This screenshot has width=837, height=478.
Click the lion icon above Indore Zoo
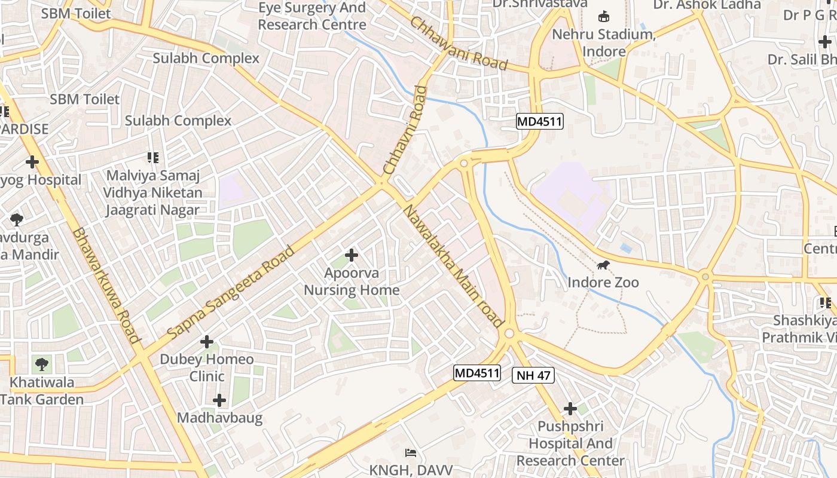[x=603, y=265]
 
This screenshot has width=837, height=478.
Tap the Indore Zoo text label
[x=603, y=282]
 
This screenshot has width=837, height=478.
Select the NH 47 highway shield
[x=533, y=375]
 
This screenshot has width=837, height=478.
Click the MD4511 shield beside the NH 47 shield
[x=476, y=373]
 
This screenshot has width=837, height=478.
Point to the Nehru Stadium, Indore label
[x=604, y=42]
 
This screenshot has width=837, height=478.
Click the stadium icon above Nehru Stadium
[x=604, y=16]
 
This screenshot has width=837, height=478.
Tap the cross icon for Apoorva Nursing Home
[x=352, y=255]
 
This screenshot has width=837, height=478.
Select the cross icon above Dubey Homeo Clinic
[x=207, y=342]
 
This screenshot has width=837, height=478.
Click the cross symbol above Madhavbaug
[x=219, y=400]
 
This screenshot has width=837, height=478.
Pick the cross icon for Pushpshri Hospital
[x=570, y=409]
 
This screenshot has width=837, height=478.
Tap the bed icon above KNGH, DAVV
[x=411, y=452]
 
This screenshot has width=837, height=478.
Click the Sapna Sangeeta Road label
[x=231, y=292]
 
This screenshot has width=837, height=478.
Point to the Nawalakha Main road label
[x=453, y=266]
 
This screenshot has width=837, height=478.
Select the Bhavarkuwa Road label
[x=106, y=286]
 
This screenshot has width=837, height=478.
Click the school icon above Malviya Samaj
[x=153, y=158]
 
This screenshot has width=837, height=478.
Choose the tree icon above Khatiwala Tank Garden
[x=42, y=364]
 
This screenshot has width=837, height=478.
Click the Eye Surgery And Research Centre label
[x=312, y=16]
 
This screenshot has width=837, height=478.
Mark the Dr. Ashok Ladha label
[x=707, y=5]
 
